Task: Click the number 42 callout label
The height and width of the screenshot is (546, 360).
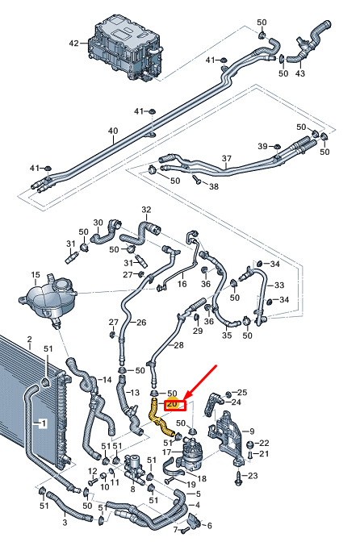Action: (74, 44)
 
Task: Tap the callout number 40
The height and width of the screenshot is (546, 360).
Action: (113, 131)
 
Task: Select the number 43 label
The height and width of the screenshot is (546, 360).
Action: (299, 73)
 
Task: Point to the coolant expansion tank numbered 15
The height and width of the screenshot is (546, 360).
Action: (48, 299)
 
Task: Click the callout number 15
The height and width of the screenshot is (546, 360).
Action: (36, 275)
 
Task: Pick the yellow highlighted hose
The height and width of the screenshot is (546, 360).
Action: (161, 417)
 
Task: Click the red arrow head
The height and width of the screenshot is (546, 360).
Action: (186, 396)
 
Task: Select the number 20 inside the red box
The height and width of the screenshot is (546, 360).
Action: (172, 404)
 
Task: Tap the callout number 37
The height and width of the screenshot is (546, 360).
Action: (227, 158)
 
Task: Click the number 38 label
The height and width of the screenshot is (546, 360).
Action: (214, 186)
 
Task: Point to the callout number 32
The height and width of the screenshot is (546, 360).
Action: (146, 210)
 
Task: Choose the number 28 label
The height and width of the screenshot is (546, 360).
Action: (178, 345)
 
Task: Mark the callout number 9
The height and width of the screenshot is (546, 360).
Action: (252, 431)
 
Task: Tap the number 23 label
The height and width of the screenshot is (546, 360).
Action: (253, 475)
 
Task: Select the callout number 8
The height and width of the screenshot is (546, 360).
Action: (132, 490)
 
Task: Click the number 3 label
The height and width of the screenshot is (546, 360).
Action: (65, 523)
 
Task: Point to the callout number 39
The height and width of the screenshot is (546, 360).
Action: (262, 146)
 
